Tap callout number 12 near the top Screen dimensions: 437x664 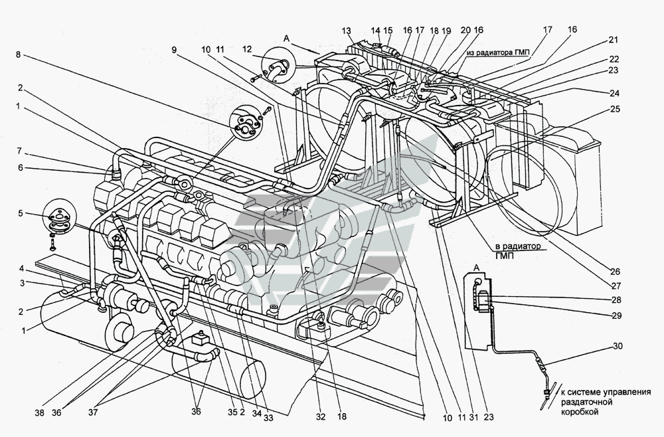[x=247, y=49]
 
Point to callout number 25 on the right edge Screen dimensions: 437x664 [x=616, y=109]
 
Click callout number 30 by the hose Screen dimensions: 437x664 [x=618, y=345]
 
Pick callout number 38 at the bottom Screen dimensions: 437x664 [x=40, y=412]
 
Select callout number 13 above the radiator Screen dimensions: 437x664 [x=346, y=31]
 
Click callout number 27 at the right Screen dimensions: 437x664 [x=615, y=286]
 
